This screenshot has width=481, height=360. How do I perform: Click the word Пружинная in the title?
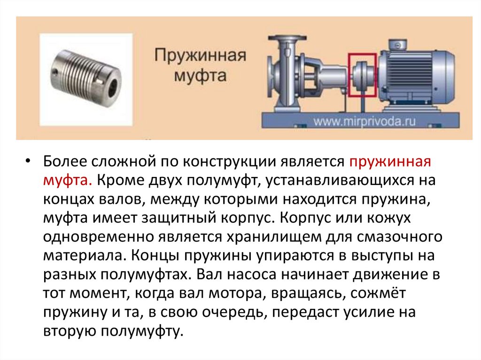200,56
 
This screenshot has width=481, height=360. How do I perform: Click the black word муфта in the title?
200,75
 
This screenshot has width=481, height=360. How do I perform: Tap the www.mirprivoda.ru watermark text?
365,122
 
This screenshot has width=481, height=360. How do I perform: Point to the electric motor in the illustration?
417,74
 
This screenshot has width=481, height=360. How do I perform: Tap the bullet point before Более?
28,161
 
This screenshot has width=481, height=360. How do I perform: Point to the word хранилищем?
270,237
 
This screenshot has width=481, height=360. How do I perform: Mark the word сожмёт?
378,293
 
